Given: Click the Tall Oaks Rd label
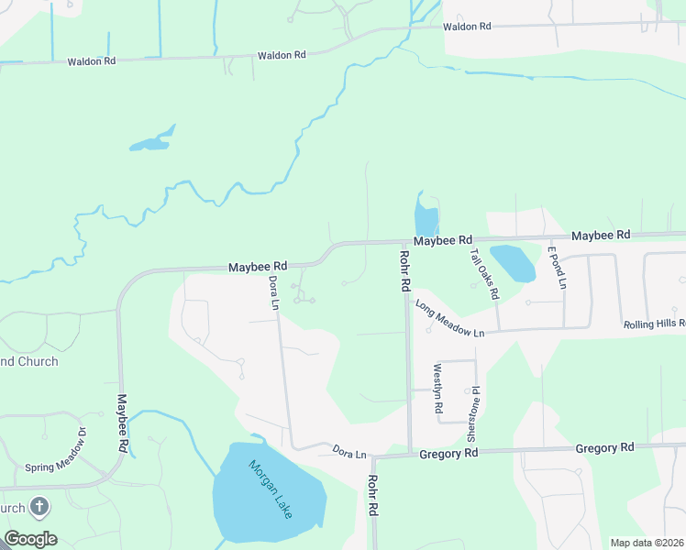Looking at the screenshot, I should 484,274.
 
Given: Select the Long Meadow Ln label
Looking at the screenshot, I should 448,318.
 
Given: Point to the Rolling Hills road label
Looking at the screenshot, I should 654,324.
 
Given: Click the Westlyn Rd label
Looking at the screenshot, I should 437,388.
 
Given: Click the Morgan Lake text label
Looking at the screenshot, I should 271,489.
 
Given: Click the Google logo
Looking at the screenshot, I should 30,538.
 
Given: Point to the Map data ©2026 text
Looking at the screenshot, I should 646,543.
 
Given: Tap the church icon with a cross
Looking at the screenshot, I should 39,506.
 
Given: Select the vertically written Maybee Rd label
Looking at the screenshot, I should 122,423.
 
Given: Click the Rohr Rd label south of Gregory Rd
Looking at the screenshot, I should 373,496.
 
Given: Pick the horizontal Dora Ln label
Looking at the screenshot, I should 349,453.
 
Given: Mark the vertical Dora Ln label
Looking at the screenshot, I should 273,292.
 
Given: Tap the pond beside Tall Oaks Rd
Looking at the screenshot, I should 513,262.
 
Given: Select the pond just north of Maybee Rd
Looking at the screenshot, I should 426,218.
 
